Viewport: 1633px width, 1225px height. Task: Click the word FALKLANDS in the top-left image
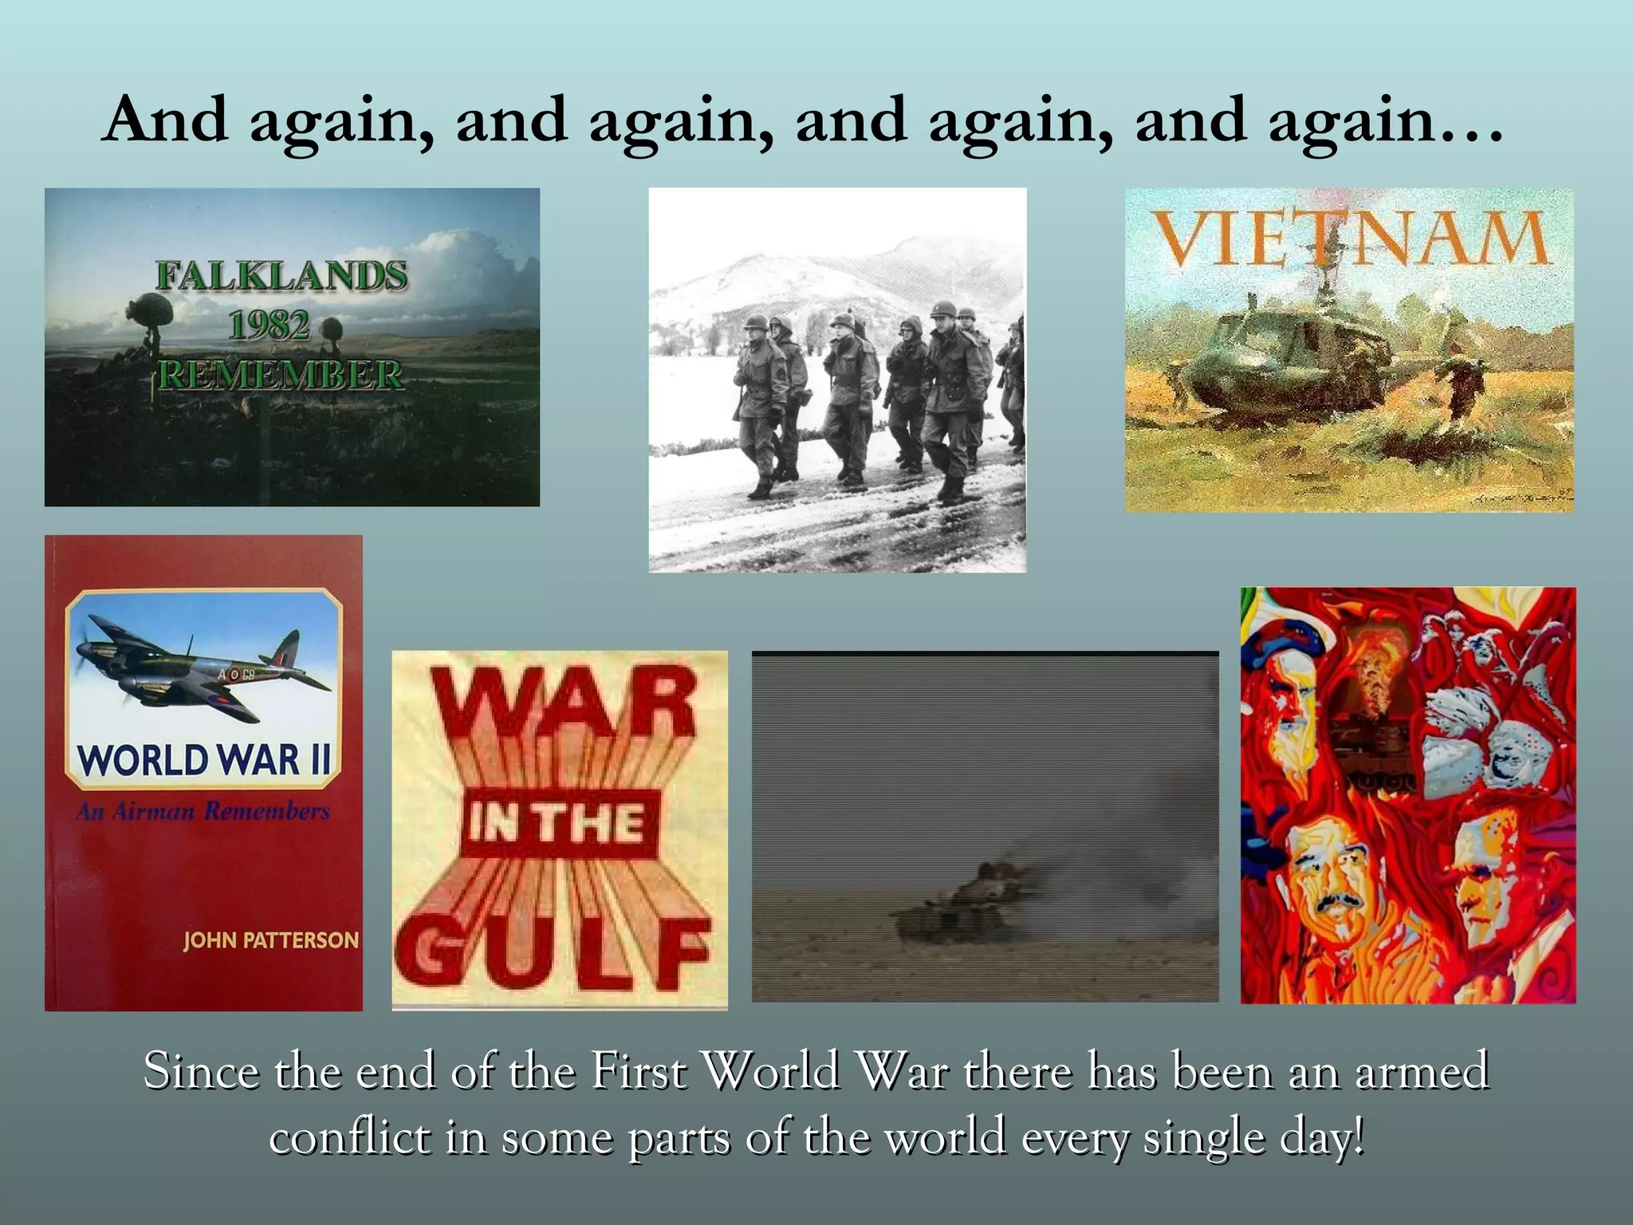point(281,276)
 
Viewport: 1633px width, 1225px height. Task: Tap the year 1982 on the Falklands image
point(269,325)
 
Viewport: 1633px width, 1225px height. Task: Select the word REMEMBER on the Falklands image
point(280,375)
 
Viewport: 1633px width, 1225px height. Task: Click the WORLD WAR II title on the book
point(204,759)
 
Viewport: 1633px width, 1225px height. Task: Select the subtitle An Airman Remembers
point(203,812)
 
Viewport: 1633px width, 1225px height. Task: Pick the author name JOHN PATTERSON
point(271,940)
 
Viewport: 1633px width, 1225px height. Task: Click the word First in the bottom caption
point(639,1071)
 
